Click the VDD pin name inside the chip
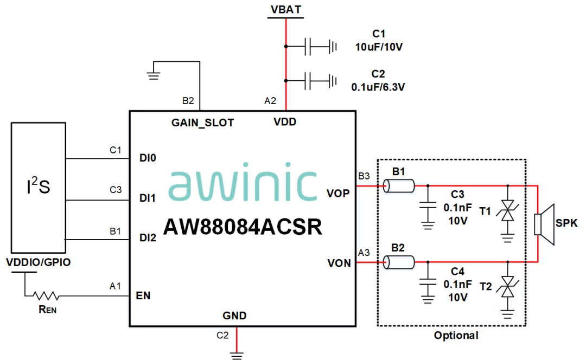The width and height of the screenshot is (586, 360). (285, 123)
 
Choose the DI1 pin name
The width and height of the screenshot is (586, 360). (148, 199)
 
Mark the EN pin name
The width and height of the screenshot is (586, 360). (144, 296)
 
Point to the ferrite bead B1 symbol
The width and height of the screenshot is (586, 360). (399, 186)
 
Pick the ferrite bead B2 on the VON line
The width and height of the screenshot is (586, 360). (399, 263)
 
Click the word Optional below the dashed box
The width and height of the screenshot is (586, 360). (456, 336)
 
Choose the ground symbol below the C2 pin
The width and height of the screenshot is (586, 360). (237, 356)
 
